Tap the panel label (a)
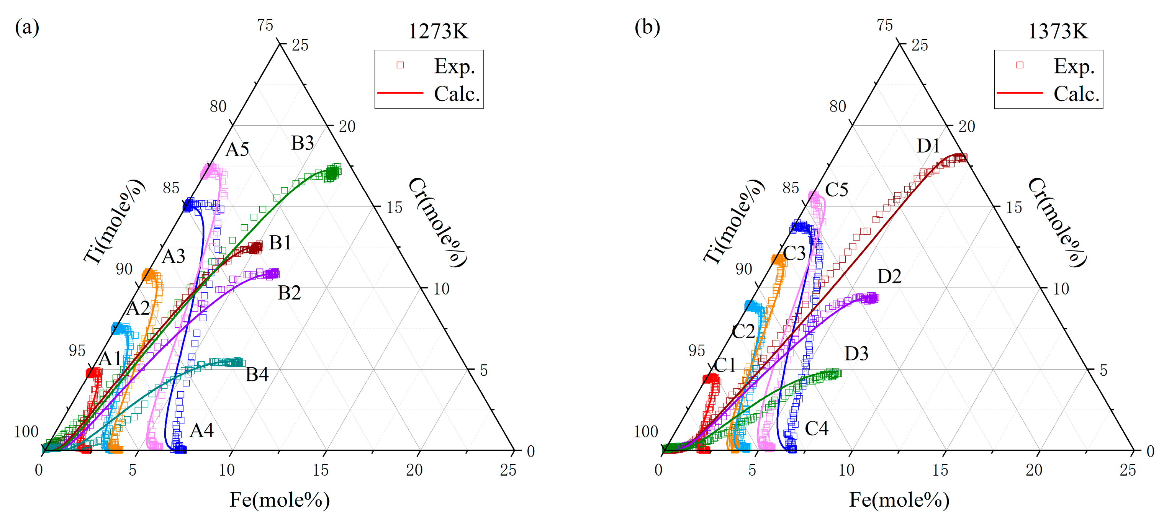27,27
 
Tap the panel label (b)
647,27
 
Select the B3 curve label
302,143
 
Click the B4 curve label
257,375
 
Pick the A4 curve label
201,430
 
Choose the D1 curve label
928,146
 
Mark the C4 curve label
817,429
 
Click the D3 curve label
856,353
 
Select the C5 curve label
837,190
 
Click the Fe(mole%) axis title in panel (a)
280,500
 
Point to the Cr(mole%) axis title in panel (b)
1056,223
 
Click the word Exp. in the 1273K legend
455,66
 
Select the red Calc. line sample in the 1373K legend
1019,93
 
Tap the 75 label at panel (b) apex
885,25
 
